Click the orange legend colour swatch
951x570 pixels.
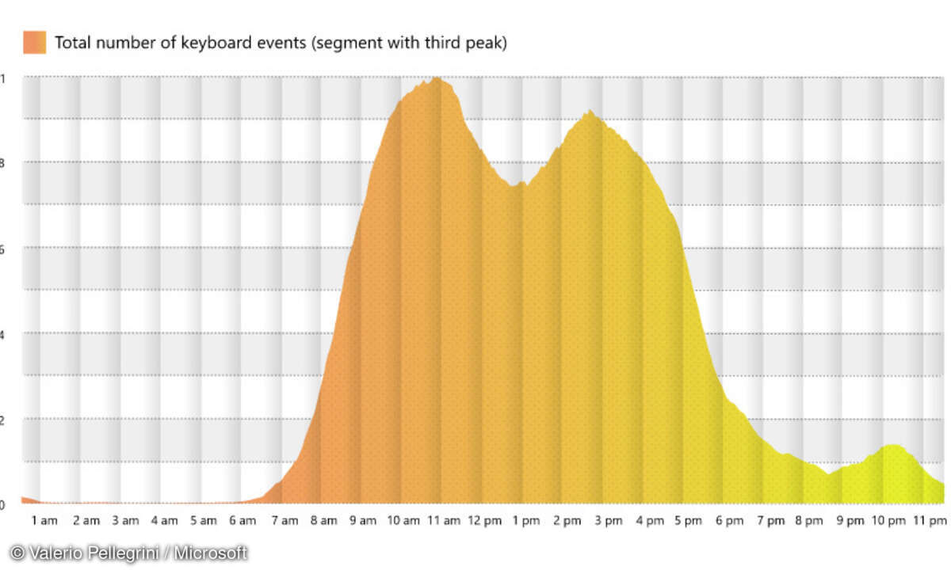click(x=35, y=42)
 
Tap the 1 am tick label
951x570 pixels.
click(x=45, y=521)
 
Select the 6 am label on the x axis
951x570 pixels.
click(x=243, y=521)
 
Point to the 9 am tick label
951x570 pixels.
click(x=363, y=521)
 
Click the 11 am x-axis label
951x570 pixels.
click(x=443, y=521)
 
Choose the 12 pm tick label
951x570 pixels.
click(x=483, y=521)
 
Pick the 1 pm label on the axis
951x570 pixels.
click(x=525, y=521)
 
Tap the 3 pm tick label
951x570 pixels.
click(x=608, y=521)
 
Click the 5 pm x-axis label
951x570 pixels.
click(x=688, y=521)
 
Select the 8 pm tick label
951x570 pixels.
click(x=809, y=521)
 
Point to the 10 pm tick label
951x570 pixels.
click(x=888, y=521)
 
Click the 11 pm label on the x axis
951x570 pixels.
click(x=929, y=521)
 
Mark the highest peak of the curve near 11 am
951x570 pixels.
click(x=436, y=78)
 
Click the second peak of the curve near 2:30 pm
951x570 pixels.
click(x=588, y=112)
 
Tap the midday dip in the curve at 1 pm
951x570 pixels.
click(x=517, y=185)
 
